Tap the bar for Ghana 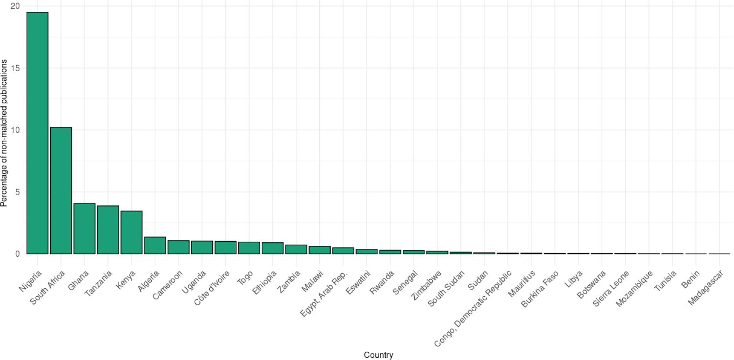[x=84, y=229]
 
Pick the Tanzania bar [x=108, y=230]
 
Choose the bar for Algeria [x=155, y=245]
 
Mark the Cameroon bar [x=179, y=247]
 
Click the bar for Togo [x=249, y=248]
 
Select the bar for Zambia [x=296, y=249]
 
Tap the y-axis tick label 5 [x=18, y=192]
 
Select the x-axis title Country [x=378, y=355]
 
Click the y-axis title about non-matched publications [x=4, y=133]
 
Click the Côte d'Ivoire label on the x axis [x=212, y=288]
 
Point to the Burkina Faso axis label [x=540, y=289]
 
